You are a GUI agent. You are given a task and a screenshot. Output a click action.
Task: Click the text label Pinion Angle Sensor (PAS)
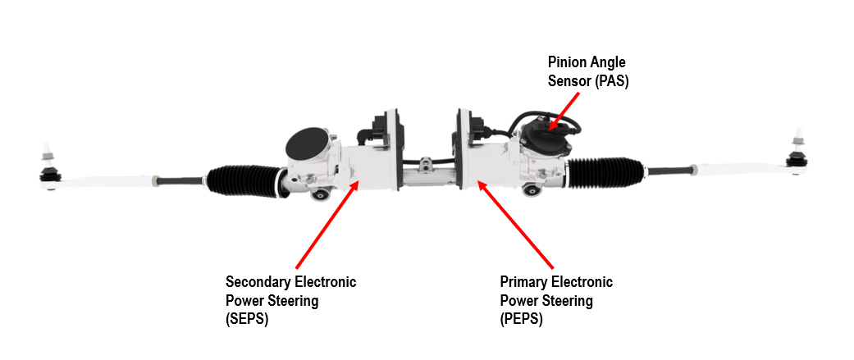tap(587, 72)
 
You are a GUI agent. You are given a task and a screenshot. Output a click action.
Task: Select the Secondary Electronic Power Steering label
tap(290, 300)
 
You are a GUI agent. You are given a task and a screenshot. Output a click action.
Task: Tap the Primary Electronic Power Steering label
tap(555, 300)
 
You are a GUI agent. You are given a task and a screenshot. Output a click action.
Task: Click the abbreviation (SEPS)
tap(247, 319)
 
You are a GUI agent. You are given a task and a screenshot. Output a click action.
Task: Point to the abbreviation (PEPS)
tap(521, 319)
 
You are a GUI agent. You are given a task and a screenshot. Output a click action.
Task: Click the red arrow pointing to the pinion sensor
tap(568, 109)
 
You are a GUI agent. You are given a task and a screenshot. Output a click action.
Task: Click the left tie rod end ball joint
tap(49, 173)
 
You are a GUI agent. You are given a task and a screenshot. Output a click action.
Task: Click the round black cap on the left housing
tap(306, 146)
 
